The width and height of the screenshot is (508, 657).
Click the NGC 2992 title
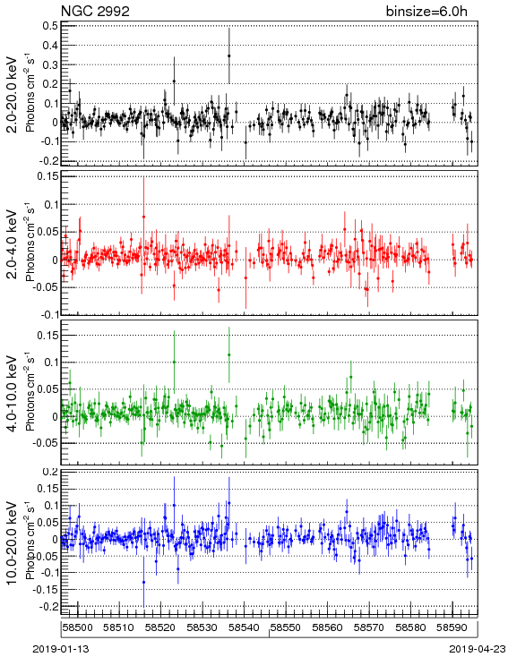click(95, 11)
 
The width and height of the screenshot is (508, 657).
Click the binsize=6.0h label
click(426, 11)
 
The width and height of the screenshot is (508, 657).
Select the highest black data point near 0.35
click(229, 55)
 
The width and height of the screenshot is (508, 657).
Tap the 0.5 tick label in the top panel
click(50, 26)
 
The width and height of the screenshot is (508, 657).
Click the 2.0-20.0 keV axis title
click(13, 94)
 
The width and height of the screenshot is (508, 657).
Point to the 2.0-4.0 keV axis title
click(13, 244)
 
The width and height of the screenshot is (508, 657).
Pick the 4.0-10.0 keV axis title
click(13, 394)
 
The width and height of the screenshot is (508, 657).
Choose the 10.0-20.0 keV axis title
click(13, 543)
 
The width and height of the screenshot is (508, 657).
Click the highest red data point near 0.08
click(144, 217)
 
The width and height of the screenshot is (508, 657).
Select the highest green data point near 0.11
click(229, 354)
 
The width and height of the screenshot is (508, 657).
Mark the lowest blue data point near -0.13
click(144, 582)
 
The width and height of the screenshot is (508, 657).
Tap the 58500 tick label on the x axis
click(77, 627)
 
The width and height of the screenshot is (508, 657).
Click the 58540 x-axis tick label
click(244, 627)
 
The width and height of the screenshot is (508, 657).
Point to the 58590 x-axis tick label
click(452, 627)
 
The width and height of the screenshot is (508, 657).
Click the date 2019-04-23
click(478, 649)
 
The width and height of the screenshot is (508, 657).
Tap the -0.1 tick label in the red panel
click(49, 314)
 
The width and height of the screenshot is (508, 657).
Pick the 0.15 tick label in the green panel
click(47, 335)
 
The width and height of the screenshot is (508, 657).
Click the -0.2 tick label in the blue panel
click(49, 606)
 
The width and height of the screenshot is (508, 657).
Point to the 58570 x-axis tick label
click(369, 627)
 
